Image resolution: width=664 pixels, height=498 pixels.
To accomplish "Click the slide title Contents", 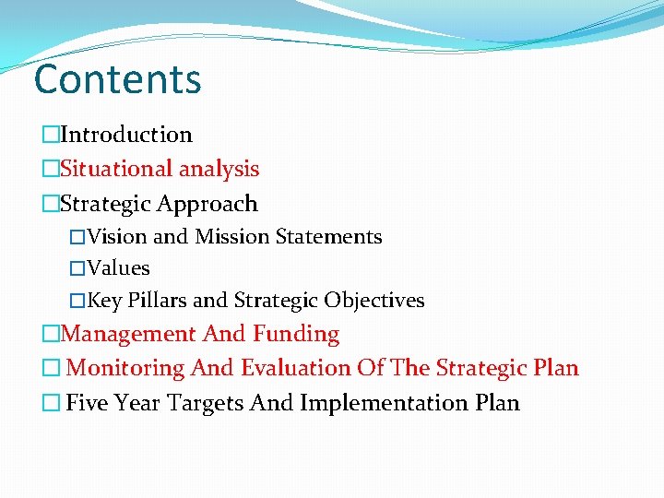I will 117,79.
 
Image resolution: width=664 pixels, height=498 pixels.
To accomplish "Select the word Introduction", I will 126,135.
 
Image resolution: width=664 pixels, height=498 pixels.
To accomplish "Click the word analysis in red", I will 219,170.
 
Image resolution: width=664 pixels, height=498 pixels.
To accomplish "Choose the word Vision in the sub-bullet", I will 117,237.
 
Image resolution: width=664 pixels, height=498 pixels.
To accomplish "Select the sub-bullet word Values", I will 118,268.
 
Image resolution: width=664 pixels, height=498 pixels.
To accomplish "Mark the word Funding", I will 296,334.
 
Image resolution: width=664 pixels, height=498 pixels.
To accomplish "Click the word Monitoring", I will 126,369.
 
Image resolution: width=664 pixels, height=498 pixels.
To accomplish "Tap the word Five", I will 89,403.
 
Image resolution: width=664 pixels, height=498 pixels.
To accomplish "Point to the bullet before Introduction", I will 50,136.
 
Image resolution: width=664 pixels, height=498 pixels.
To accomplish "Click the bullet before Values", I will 77,269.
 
